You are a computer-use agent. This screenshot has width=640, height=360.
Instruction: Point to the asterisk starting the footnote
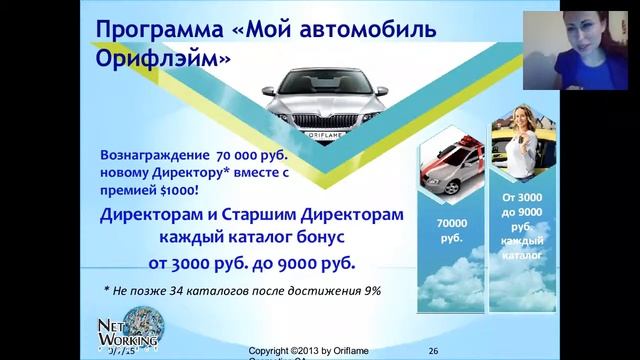pyautogui.click(x=107, y=291)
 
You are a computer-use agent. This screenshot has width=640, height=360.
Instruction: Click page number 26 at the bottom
pyautogui.click(x=433, y=351)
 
